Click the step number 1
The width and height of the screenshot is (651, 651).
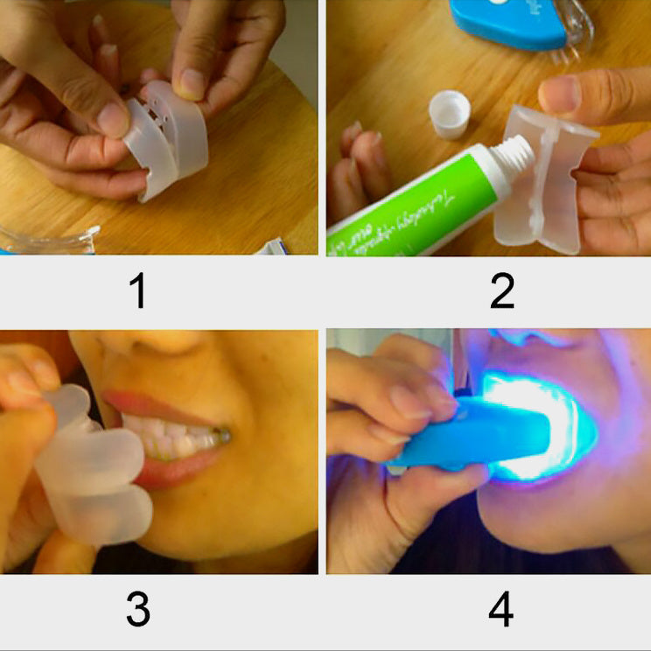(x=137, y=291)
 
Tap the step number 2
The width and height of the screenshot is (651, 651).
(x=501, y=291)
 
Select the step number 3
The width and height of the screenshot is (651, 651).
(x=137, y=610)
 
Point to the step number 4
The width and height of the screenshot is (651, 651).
(x=500, y=610)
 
